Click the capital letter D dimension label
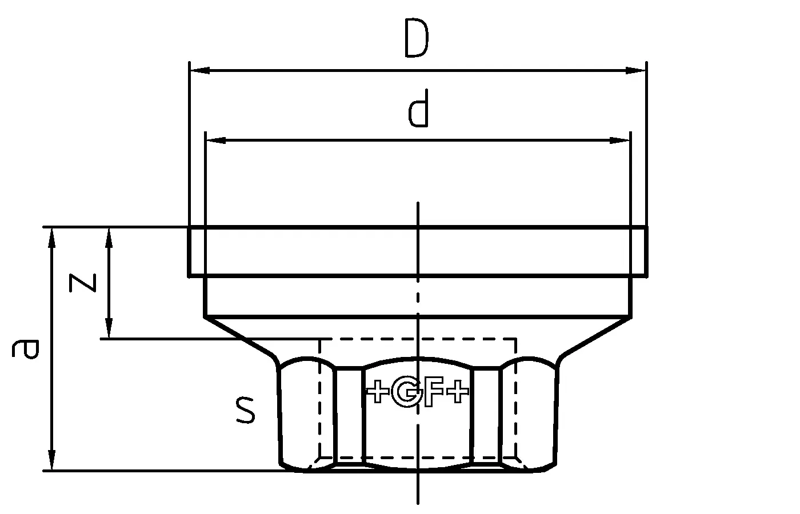tap(417, 38)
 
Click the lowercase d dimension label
tap(418, 109)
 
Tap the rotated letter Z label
tap(83, 283)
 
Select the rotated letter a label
tap(25, 349)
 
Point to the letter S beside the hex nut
tap(246, 410)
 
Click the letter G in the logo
tap(407, 392)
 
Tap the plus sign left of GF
tap(378, 392)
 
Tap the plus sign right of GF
tap(458, 392)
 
